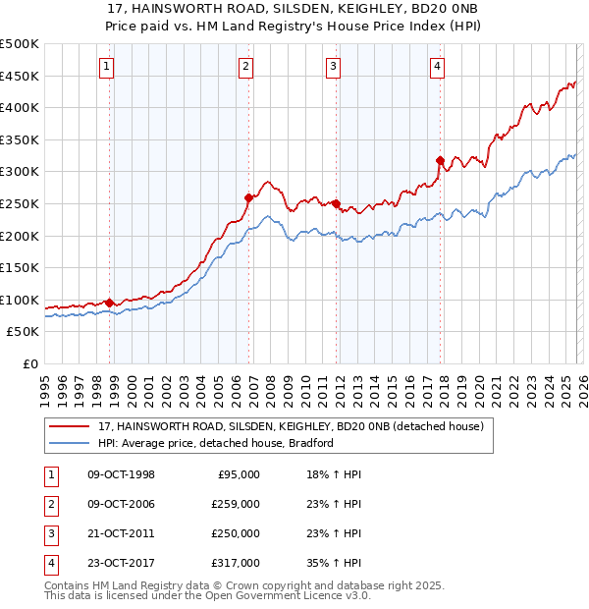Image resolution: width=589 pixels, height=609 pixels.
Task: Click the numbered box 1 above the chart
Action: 105,67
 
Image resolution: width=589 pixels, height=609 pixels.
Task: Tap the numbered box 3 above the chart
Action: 334,67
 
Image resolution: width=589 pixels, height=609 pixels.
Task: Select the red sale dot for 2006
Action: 249,197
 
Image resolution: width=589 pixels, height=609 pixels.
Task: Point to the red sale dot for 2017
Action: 440,160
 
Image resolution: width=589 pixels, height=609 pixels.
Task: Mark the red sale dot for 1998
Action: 109,303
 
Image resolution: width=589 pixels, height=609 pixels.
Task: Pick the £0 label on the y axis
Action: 30,363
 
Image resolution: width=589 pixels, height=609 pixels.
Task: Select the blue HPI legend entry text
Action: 216,443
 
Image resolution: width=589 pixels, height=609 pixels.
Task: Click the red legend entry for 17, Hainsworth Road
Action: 291,427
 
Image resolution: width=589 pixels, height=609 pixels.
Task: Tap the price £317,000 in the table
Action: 236,564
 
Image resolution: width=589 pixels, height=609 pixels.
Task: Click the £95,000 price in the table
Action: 239,474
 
